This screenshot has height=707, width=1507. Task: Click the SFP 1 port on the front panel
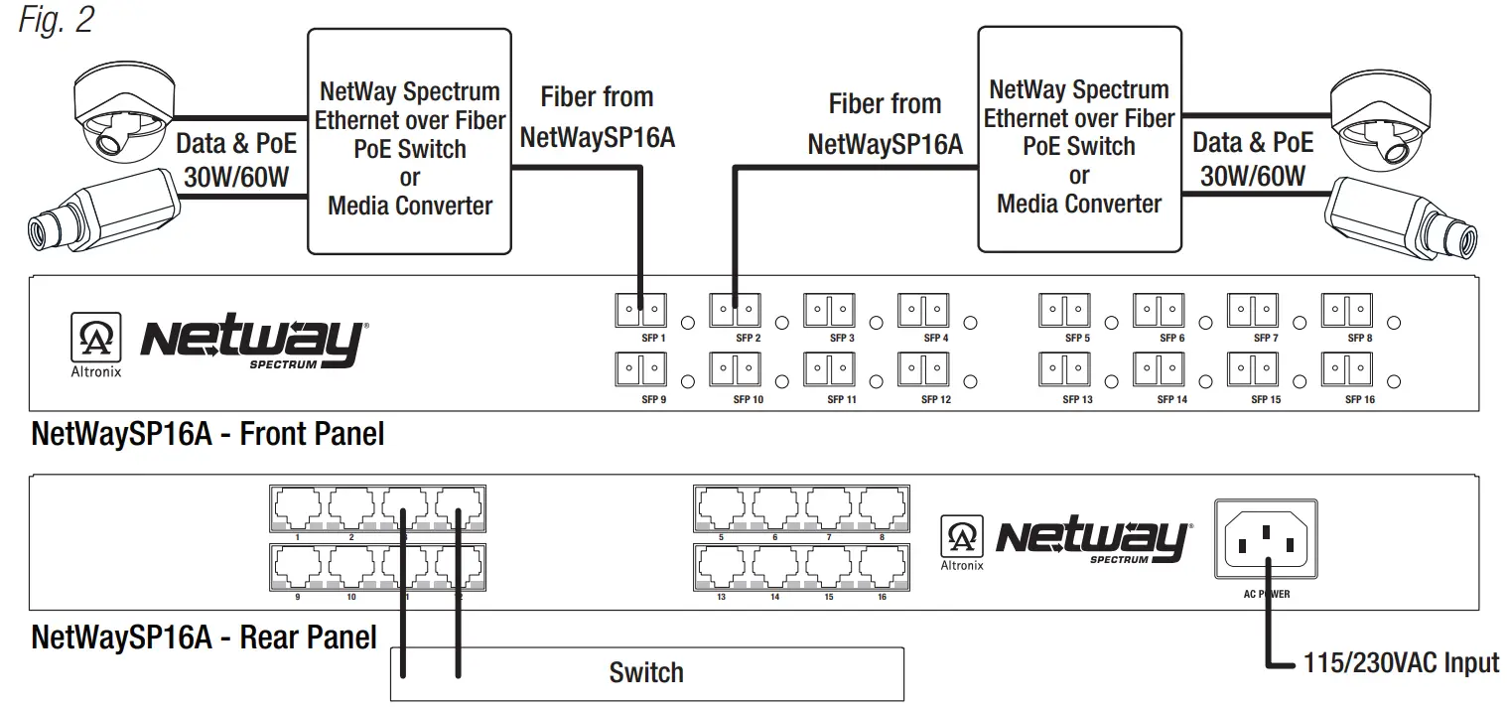click(x=640, y=311)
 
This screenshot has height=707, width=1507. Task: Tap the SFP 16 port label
click(x=1359, y=400)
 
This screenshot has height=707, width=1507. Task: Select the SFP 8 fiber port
click(x=1346, y=311)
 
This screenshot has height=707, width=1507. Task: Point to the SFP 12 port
click(x=922, y=370)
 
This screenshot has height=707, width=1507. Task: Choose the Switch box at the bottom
click(x=646, y=673)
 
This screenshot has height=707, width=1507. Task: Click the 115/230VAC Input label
click(x=1401, y=662)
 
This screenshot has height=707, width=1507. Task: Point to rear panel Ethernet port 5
click(x=721, y=510)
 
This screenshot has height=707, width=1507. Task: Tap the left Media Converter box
click(x=409, y=141)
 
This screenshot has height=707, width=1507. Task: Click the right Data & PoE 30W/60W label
click(x=1253, y=159)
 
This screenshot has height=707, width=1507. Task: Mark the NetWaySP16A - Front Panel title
click(x=207, y=435)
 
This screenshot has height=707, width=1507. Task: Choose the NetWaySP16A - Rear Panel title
click(x=204, y=636)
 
